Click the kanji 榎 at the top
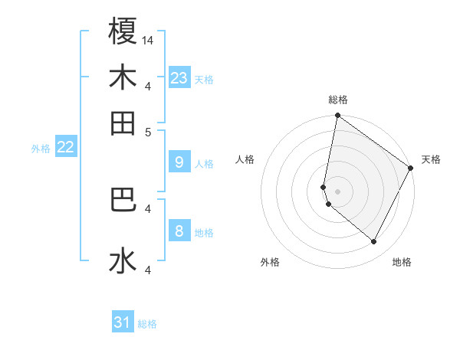pyautogui.click(x=123, y=32)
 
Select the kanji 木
pyautogui.click(x=123, y=78)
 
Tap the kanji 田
pyautogui.click(x=123, y=123)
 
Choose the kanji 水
pyautogui.click(x=123, y=260)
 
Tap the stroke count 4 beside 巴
pyautogui.click(x=149, y=208)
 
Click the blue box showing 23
pyautogui.click(x=179, y=78)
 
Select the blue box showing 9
pyautogui.click(x=179, y=162)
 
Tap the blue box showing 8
pyautogui.click(x=179, y=231)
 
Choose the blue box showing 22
pyautogui.click(x=66, y=147)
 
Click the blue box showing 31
pyautogui.click(x=123, y=322)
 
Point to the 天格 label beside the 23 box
pyautogui.click(x=204, y=80)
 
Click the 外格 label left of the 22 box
pyautogui.click(x=41, y=149)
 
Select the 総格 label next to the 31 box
pyautogui.click(x=147, y=324)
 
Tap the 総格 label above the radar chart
pyautogui.click(x=337, y=100)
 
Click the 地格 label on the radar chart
pyautogui.click(x=402, y=262)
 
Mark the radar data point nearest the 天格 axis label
pyautogui.click(x=411, y=169)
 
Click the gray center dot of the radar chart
pyautogui.click(x=337, y=191)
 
